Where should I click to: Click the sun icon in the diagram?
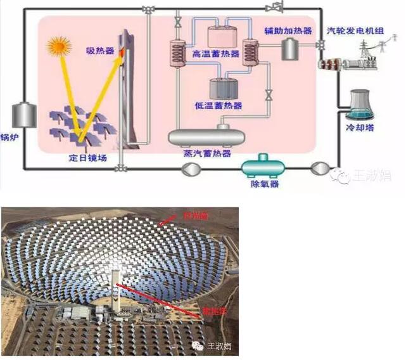point(59,46)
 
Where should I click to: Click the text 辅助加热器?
point(288,30)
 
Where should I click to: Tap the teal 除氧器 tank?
point(262,167)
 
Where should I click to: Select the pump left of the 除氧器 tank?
point(189,168)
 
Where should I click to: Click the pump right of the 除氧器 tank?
point(320,168)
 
